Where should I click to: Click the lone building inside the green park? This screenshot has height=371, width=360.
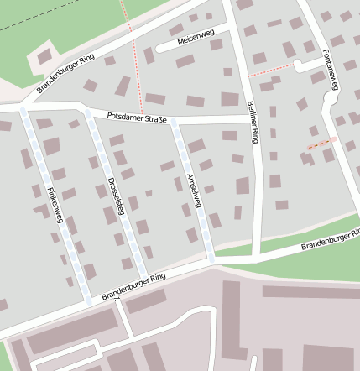click(44, 59)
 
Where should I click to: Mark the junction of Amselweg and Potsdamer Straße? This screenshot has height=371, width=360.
click(175, 123)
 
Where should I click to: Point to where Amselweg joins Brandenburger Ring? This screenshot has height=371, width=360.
click(211, 261)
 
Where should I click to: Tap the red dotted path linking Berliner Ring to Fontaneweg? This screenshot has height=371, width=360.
click(270, 72)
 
